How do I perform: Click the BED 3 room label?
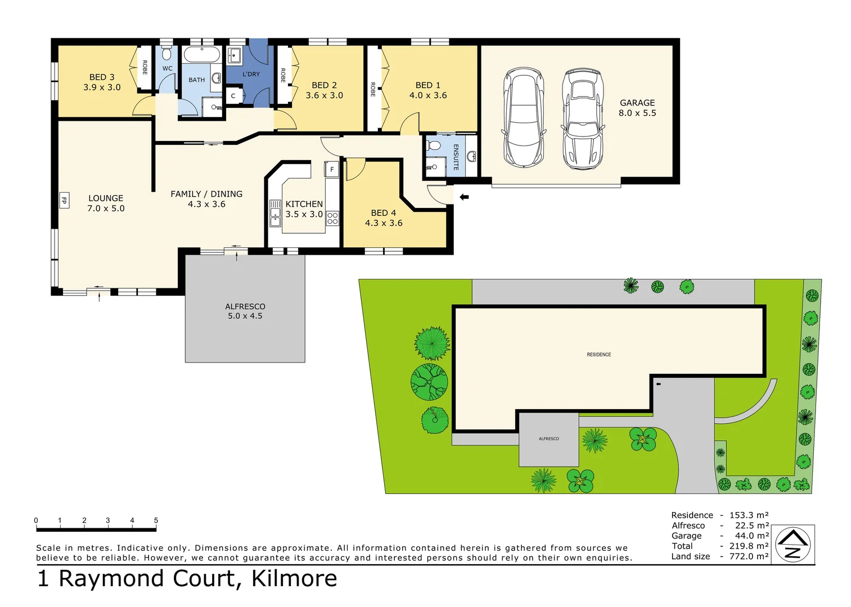pyautogui.click(x=102, y=82)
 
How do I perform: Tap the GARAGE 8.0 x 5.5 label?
pyautogui.click(x=637, y=108)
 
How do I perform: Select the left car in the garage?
pyautogui.click(x=524, y=118)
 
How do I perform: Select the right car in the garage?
pyautogui.click(x=583, y=119)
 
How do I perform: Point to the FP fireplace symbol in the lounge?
pyautogui.click(x=64, y=200)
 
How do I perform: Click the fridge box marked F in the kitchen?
pyautogui.click(x=332, y=169)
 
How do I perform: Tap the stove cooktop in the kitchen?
pyautogui.click(x=332, y=218)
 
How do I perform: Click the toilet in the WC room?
pyautogui.click(x=166, y=55)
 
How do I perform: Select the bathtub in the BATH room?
pyautogui.click(x=202, y=56)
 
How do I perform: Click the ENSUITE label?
pyautogui.click(x=456, y=157)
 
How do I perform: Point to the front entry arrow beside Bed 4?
pyautogui.click(x=464, y=197)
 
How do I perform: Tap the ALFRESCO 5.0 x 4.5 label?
pyautogui.click(x=245, y=311)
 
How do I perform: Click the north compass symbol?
pyautogui.click(x=793, y=545)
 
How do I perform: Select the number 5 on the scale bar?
pyautogui.click(x=156, y=520)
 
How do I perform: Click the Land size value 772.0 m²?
pyautogui.click(x=749, y=556)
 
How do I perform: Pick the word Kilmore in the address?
pyautogui.click(x=294, y=578)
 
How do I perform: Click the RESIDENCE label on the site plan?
pyautogui.click(x=598, y=355)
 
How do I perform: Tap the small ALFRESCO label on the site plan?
pyautogui.click(x=548, y=438)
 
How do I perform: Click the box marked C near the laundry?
pyautogui.click(x=233, y=96)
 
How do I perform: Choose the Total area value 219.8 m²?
pyautogui.click(x=749, y=546)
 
